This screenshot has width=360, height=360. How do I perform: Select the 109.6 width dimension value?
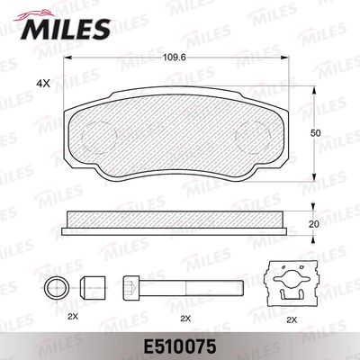tap(174, 57)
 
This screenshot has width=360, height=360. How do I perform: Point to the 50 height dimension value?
tap(316, 133)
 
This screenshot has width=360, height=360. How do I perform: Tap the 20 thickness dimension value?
tap(314, 224)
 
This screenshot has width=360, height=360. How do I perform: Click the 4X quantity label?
tap(43, 84)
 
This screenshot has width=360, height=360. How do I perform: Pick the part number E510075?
tap(180, 347)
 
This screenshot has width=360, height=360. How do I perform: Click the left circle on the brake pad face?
tap(99, 138)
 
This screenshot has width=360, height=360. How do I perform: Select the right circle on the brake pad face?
tap(254, 138)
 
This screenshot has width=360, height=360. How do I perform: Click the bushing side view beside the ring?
tap(93, 288)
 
